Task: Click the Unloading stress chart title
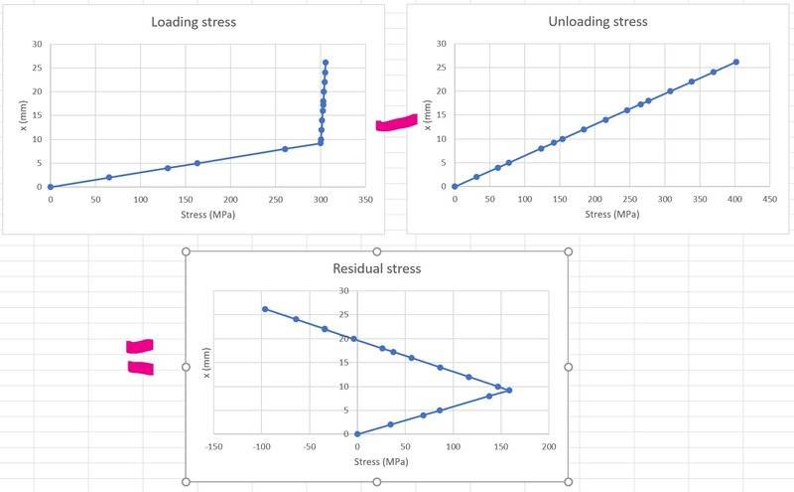(596, 22)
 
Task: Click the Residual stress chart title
(377, 268)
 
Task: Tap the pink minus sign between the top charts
(396, 123)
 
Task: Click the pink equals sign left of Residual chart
(140, 357)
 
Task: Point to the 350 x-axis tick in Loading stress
(365, 199)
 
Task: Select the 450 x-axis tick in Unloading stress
(767, 199)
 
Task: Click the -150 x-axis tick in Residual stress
(213, 446)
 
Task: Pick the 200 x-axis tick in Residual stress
(549, 446)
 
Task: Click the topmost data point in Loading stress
(326, 63)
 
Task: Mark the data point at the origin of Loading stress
(50, 187)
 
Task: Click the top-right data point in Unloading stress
(735, 62)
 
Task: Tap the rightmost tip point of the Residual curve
(509, 390)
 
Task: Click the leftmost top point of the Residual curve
(265, 309)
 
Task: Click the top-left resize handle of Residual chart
(187, 251)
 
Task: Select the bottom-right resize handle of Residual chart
(568, 482)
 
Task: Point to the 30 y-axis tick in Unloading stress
(441, 44)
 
